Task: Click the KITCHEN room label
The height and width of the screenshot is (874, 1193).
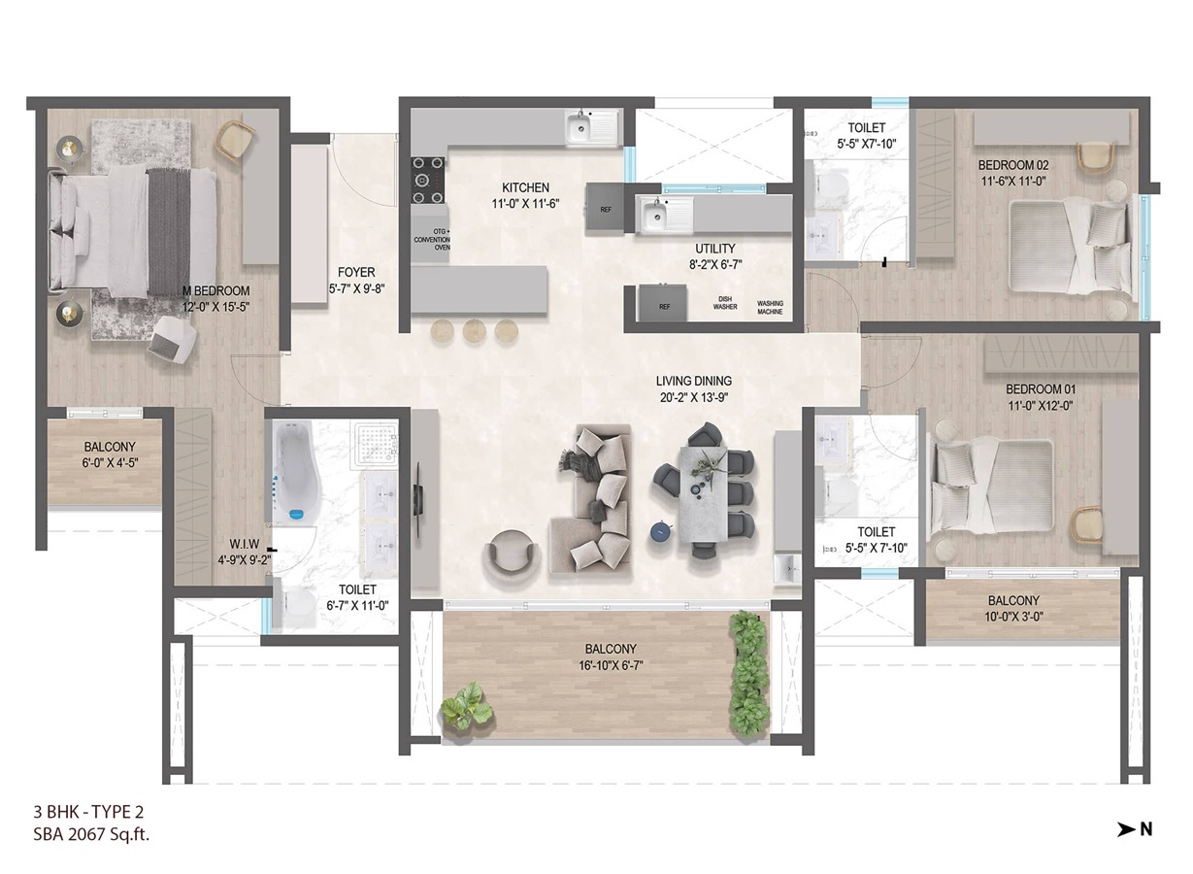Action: pyautogui.click(x=525, y=187)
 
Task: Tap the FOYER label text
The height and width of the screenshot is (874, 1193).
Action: pyautogui.click(x=356, y=272)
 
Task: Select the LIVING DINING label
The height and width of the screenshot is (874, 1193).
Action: pyautogui.click(x=693, y=381)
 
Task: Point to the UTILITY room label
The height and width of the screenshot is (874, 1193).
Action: pyautogui.click(x=714, y=249)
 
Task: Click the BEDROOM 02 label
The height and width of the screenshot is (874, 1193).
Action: pyautogui.click(x=1013, y=165)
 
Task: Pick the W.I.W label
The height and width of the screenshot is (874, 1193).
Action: pyautogui.click(x=245, y=544)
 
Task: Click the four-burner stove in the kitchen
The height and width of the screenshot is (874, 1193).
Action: pyautogui.click(x=428, y=180)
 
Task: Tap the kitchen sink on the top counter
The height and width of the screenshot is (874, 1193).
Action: pyautogui.click(x=592, y=127)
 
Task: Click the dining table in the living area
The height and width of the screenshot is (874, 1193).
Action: pyautogui.click(x=703, y=494)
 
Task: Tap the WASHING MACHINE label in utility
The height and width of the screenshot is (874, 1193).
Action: pyautogui.click(x=770, y=308)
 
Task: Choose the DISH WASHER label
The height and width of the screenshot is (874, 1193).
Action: pyautogui.click(x=725, y=303)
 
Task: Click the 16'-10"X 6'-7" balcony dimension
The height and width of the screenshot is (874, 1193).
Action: pyautogui.click(x=611, y=665)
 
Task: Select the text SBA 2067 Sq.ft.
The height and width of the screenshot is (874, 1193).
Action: pyautogui.click(x=91, y=834)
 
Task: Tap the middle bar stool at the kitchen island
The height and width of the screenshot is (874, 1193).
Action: pyautogui.click(x=474, y=331)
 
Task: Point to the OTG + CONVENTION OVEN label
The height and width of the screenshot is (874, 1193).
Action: pyautogui.click(x=433, y=240)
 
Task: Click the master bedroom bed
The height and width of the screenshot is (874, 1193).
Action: pyautogui.click(x=133, y=230)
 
